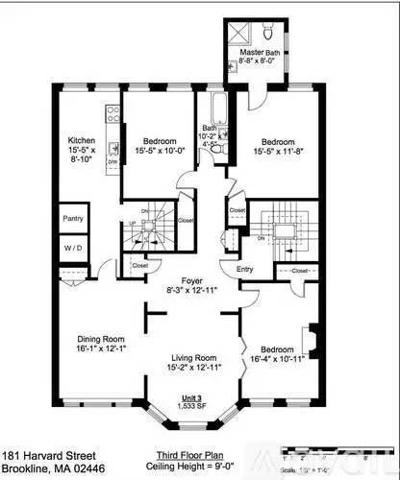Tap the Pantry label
[73, 219]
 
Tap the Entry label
[245, 270]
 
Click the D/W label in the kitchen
[112, 162]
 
